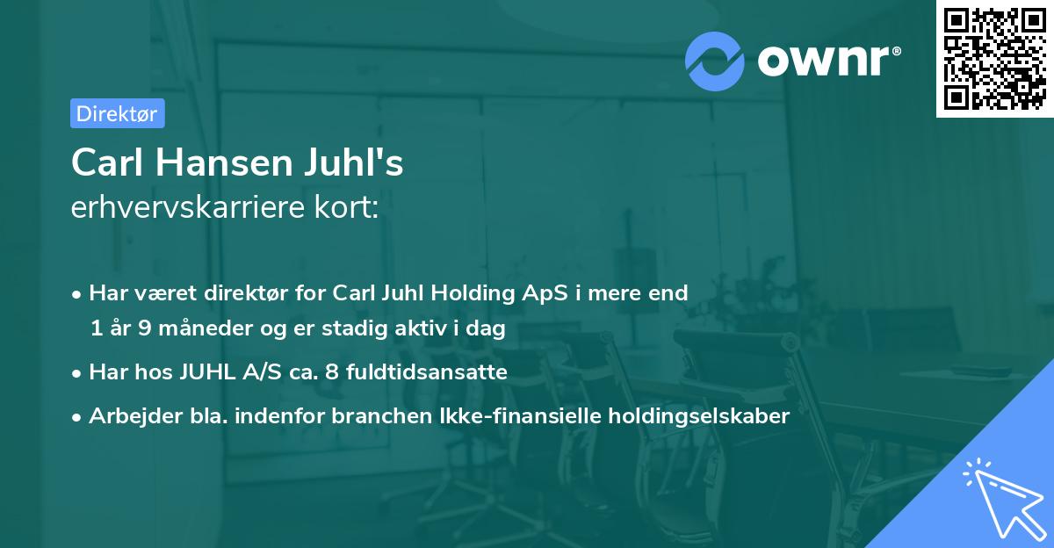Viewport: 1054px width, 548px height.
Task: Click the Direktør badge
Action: coord(117,113)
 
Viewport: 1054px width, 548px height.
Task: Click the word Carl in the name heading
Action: coord(101,163)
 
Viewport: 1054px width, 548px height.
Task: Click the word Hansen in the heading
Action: coord(221,163)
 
